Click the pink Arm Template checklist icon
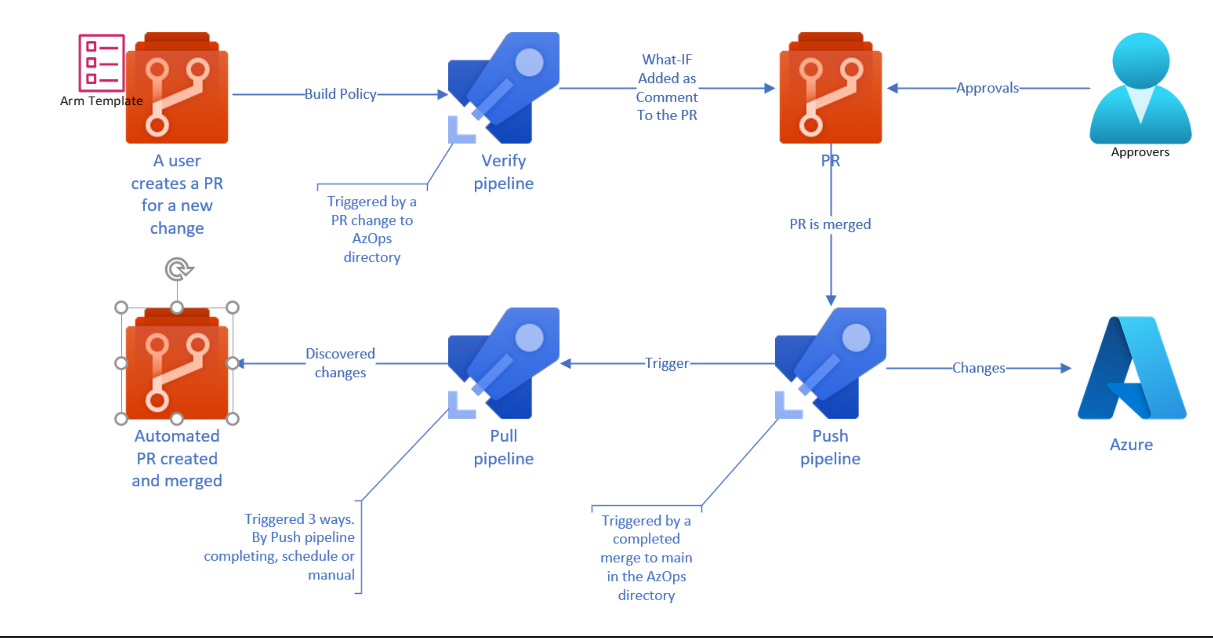101,62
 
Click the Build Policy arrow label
340,94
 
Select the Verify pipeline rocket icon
503,88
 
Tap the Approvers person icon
1140,89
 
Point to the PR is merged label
830,224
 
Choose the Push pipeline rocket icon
830,363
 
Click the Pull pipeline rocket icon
503,363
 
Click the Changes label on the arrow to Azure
978,368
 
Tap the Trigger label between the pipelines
666,363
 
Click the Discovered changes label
340,363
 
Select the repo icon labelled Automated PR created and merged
177,364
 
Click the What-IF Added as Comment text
666,88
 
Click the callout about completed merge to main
646,558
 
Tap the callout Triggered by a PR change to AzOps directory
372,230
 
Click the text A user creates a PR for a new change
177,194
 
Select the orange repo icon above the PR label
830,88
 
